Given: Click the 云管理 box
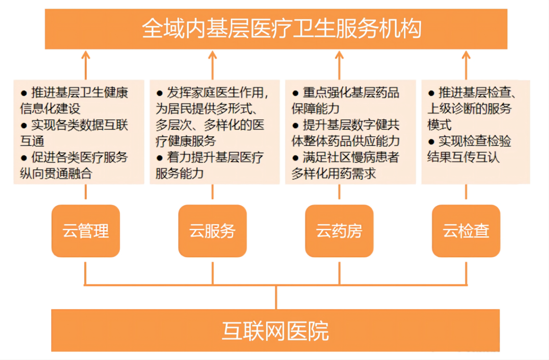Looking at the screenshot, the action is pos(85,231).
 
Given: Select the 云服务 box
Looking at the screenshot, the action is pos(213,231).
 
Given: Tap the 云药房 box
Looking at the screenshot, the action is pos(339,231).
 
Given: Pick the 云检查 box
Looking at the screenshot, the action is pos(466,231).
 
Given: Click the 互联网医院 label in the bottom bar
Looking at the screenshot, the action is pos(275,331).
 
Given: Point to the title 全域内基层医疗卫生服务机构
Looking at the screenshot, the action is pos(282,28).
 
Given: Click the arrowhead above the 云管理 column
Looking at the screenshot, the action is pos(85,55).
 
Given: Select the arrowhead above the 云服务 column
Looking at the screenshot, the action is pos(213,55).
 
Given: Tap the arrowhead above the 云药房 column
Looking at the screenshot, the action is pos(339,55).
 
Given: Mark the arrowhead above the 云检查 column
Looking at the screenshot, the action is pos(466,55).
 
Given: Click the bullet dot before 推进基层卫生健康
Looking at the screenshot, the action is pos(24,93).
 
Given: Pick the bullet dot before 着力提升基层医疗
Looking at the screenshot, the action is pos(160,158).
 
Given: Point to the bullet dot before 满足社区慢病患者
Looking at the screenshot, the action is pos(295,158).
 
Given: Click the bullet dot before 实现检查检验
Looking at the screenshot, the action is pos(431,142).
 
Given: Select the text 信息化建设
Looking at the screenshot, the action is pos(50,108).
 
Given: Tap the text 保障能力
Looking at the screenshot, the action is pos(315,108).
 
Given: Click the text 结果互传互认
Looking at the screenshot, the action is pos(463,157).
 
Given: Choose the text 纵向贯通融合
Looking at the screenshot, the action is pos(56,173).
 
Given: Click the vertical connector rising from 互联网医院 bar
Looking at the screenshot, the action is pos(276,297).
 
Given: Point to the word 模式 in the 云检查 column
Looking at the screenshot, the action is pos(439,125).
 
